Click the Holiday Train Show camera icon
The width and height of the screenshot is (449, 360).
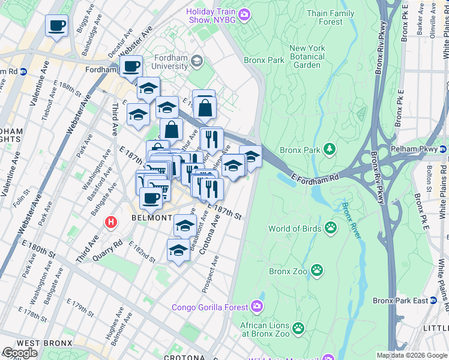(x=244, y=14)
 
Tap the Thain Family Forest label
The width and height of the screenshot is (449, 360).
(x=330, y=17)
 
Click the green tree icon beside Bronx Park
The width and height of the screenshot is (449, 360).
(x=329, y=148)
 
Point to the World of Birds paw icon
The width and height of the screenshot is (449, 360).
(x=331, y=227)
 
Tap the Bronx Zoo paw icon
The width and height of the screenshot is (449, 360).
(x=317, y=271)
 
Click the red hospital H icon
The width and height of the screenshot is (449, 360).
(x=110, y=222)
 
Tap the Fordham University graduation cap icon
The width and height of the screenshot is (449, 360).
(x=196, y=62)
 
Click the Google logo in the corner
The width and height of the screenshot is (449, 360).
(x=20, y=352)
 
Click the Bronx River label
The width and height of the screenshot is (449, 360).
(x=351, y=221)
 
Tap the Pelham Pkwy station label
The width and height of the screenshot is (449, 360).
(x=424, y=147)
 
